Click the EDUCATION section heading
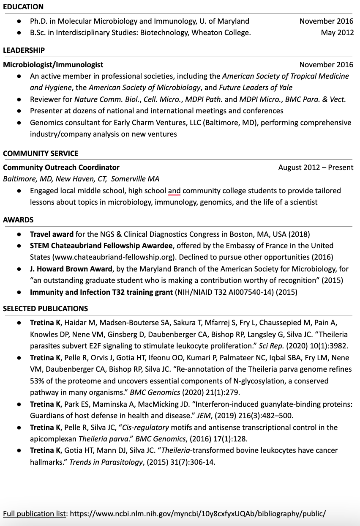pos(23,7)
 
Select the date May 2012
pos(337,33)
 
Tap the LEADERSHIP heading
pos(24,50)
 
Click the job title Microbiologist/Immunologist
pos(53,65)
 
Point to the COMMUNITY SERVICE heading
pos(41,153)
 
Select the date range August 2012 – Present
pos(316,167)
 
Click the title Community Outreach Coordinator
pos(61,167)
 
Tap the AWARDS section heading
pos(18,220)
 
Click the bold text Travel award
pos(52,234)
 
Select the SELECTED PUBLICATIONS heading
pos(45,309)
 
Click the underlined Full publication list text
pos(35,514)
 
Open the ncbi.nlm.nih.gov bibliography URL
pos(198,514)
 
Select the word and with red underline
pos(174,191)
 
